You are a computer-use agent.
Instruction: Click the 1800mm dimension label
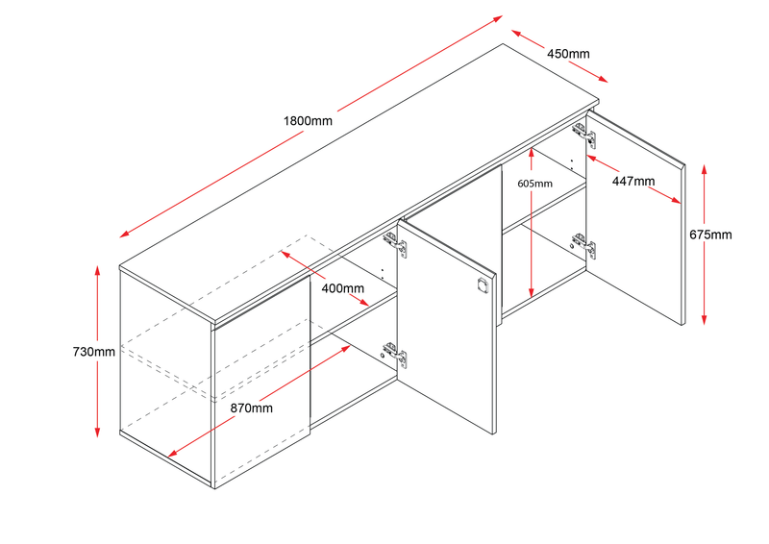[308, 121]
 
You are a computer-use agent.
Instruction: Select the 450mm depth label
[568, 53]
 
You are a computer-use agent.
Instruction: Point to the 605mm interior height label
[534, 183]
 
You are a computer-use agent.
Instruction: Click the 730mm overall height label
[92, 352]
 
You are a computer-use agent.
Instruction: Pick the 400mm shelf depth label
[342, 288]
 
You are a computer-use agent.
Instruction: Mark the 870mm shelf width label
[251, 408]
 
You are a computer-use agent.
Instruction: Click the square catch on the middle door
[482, 285]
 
